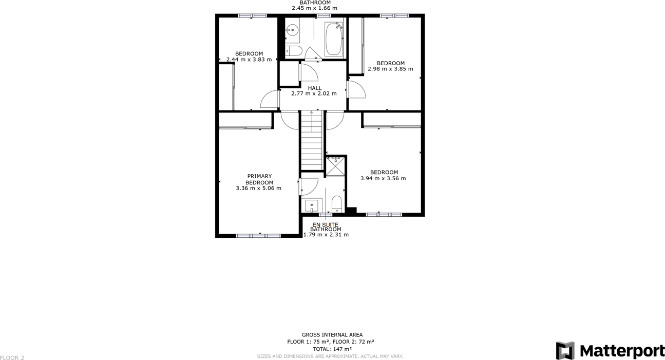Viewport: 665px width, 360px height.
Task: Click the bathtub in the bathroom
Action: (333, 39)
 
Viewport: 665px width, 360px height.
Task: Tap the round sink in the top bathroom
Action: (293, 30)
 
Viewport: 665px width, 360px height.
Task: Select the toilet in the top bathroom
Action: (294, 50)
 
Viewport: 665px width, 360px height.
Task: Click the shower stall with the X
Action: (336, 166)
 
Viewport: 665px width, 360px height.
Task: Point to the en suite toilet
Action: (337, 204)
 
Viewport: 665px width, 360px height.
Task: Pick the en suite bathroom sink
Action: (312, 206)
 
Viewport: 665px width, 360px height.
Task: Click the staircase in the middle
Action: (311, 140)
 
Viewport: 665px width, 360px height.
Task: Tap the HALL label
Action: (315, 88)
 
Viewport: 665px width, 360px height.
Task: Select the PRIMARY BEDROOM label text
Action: (259, 179)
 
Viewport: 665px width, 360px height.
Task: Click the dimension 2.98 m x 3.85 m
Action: (390, 69)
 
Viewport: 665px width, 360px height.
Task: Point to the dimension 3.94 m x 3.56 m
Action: (383, 179)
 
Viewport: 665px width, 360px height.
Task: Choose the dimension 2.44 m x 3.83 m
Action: (249, 60)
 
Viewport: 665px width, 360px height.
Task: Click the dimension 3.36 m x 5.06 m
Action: (258, 188)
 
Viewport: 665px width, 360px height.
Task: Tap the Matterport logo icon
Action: (565, 351)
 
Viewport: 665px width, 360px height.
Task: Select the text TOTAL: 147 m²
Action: (332, 349)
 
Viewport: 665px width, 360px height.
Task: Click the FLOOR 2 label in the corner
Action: (12, 357)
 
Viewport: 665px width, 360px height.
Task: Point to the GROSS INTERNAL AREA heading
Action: (332, 335)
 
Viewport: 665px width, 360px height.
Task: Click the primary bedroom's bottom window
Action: (258, 236)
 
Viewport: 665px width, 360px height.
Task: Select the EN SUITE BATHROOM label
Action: (326, 227)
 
